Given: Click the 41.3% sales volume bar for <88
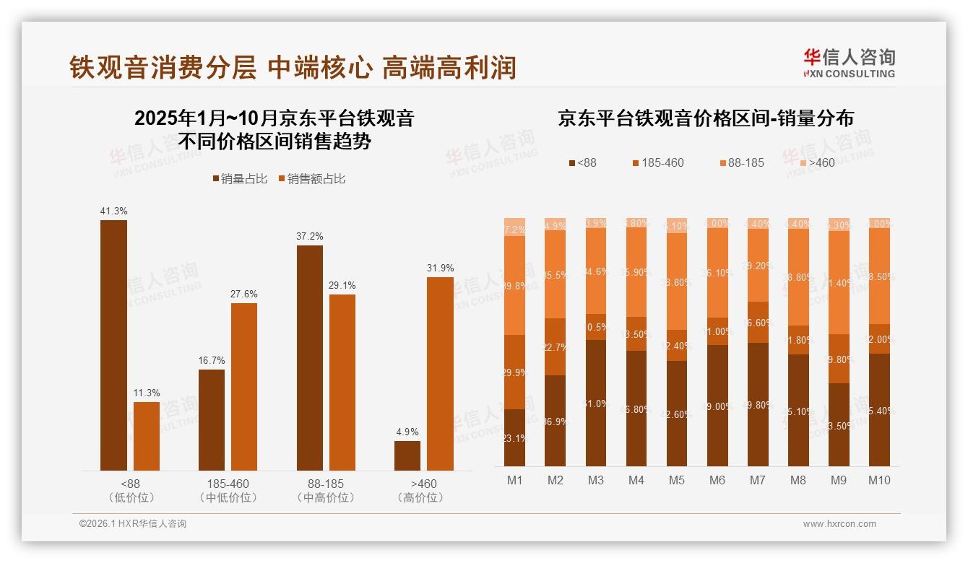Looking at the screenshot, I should [113, 345].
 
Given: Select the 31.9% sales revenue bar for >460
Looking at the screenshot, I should [440, 373].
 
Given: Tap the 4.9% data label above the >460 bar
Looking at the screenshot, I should [407, 432].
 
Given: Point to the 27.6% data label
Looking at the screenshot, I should [244, 294].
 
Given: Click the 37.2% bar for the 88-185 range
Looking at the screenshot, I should [309, 357].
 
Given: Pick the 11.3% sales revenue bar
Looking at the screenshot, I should [147, 436].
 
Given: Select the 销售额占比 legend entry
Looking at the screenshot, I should [311, 179].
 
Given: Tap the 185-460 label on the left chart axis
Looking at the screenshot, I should [228, 484].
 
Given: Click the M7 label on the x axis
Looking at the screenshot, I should [757, 480].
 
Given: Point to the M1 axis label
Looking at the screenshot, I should [514, 480].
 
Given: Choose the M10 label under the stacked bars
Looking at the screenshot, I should [878, 480].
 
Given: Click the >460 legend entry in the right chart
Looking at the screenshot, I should [816, 162].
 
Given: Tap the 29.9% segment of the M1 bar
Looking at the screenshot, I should [514, 372].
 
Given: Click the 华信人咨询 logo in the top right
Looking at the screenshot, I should [849, 63].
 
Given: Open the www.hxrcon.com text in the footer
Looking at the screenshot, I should [839, 524].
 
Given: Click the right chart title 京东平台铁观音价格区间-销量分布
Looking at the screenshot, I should [705, 118].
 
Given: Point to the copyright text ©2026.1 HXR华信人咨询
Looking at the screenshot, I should [132, 524].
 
